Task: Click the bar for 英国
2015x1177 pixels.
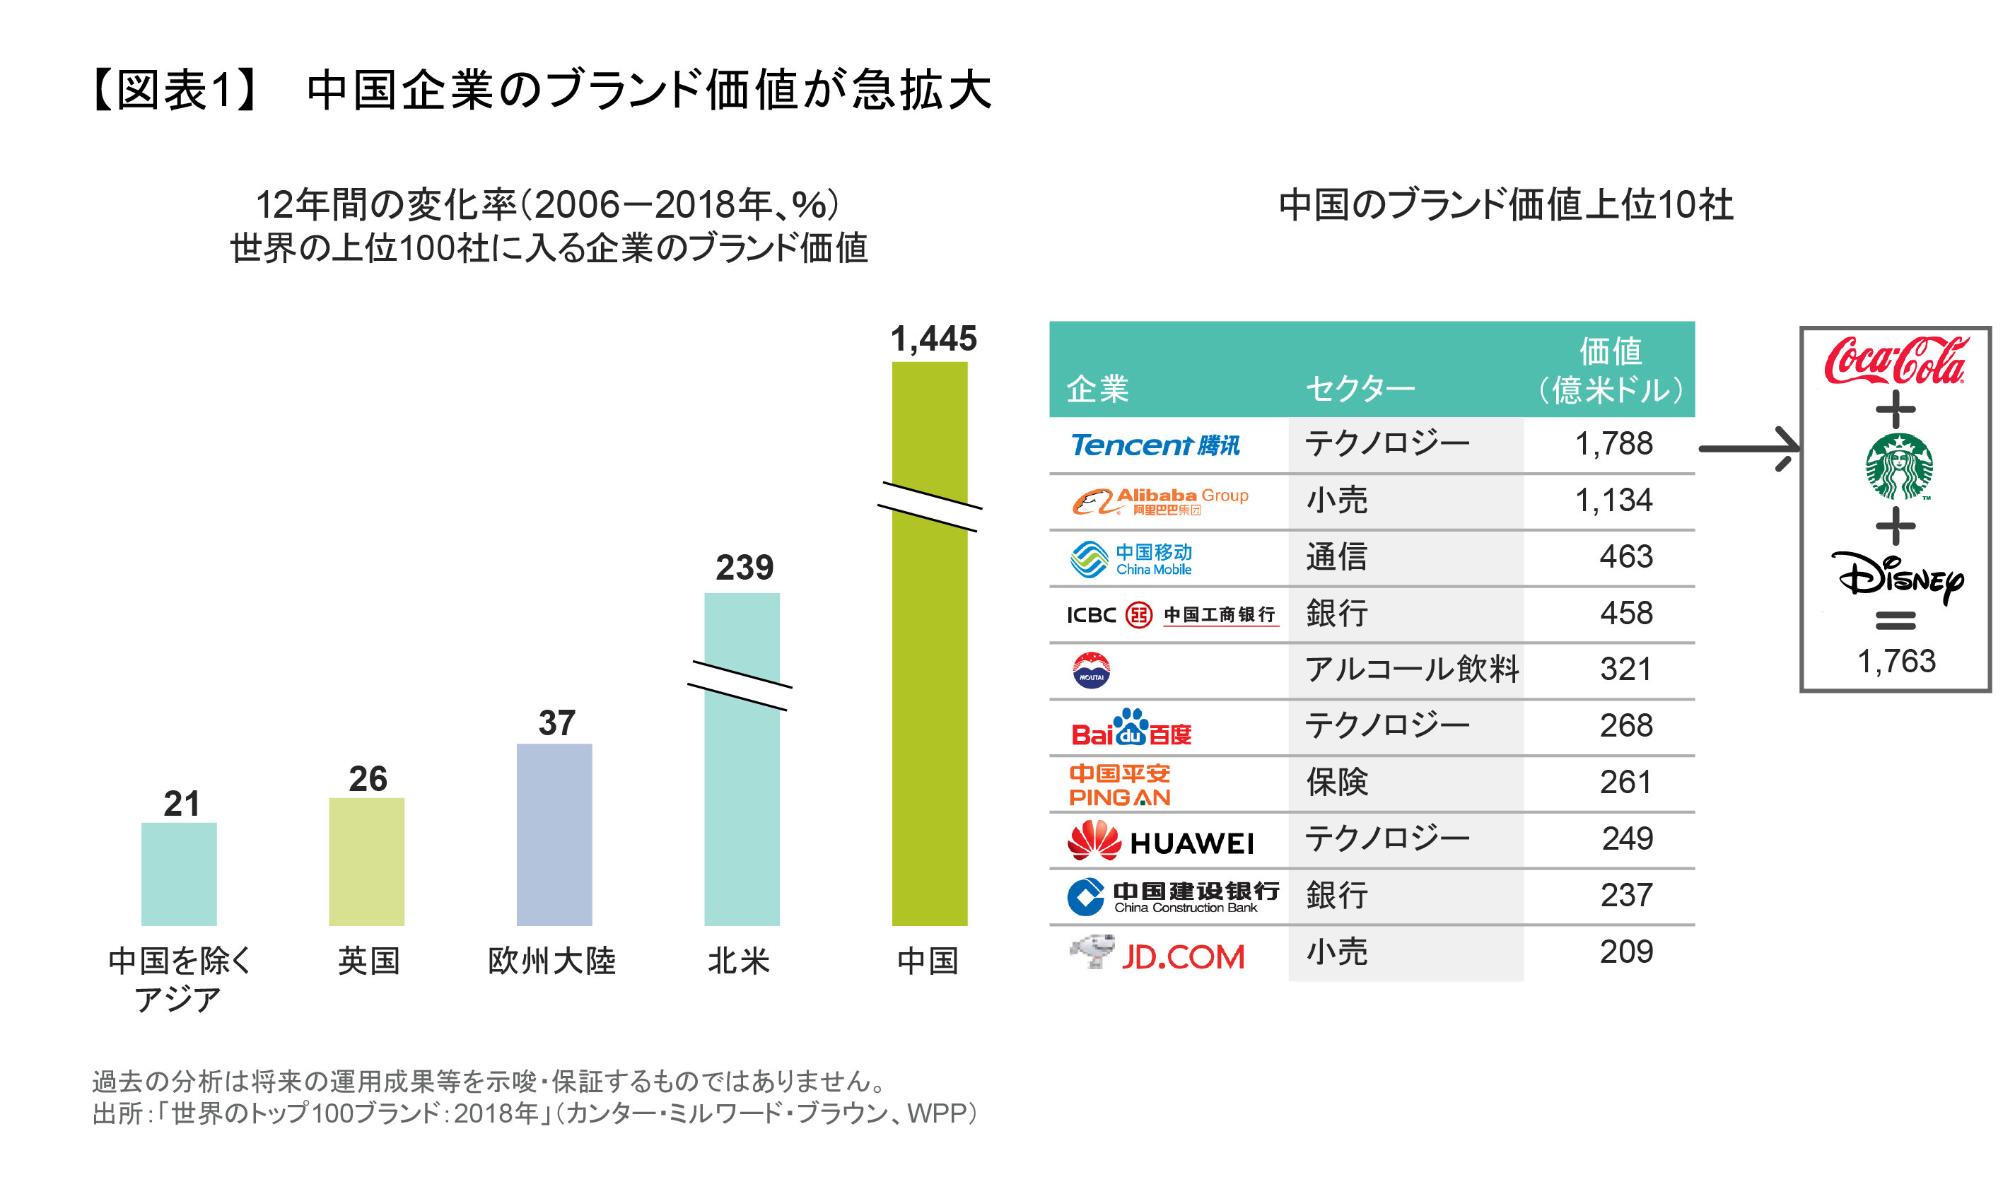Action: coord(366,861)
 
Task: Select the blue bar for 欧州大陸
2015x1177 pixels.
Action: coord(554,834)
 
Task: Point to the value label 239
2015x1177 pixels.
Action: coord(744,568)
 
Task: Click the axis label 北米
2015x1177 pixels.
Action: coord(738,960)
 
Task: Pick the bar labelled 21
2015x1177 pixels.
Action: coord(178,873)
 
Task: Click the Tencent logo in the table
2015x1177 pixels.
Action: coord(1155,445)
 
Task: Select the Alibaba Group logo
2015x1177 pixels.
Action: coord(1160,501)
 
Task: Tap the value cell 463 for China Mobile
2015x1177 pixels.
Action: coord(1625,556)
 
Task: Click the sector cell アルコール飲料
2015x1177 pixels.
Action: coord(1411,669)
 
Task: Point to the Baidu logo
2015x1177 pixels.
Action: coord(1131,727)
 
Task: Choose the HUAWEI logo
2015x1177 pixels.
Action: coord(1160,841)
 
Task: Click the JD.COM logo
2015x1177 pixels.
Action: coord(1157,954)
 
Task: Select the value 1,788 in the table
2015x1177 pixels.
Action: coord(1613,444)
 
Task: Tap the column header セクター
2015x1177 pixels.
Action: coord(1360,390)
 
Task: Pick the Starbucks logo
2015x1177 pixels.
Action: coord(1898,466)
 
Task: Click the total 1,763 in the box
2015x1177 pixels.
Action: coord(1896,661)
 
